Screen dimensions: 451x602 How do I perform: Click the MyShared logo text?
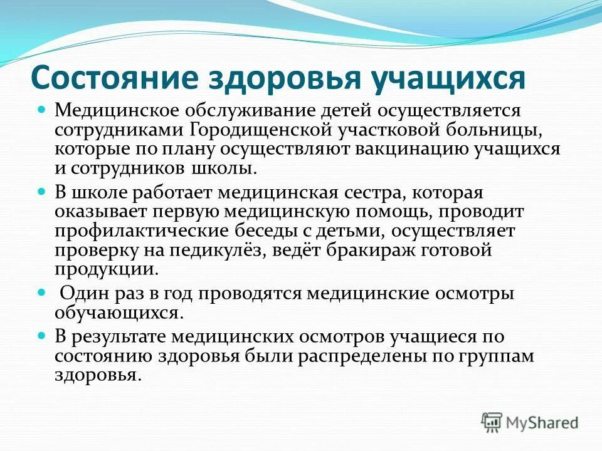click(542, 423)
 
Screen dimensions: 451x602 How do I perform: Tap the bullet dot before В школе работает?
click(43, 191)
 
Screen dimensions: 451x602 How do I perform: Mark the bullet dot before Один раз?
click(43, 292)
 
